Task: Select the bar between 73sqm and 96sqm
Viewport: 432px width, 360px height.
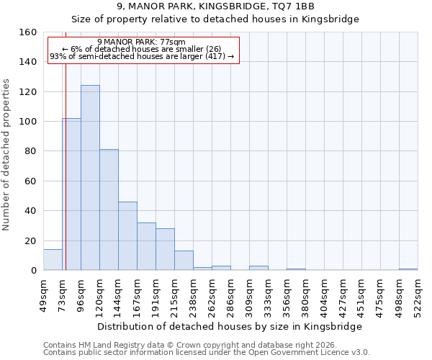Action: point(71,194)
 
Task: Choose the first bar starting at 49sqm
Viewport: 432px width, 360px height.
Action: point(53,260)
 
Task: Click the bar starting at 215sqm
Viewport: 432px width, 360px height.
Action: point(184,261)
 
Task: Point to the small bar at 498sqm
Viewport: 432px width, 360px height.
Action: point(408,269)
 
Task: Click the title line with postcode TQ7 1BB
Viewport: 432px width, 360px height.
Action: point(215,6)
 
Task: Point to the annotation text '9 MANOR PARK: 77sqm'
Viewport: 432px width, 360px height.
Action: point(141,42)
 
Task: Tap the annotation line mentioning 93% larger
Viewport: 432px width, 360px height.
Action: point(142,56)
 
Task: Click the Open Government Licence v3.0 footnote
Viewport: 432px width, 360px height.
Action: point(206,352)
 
